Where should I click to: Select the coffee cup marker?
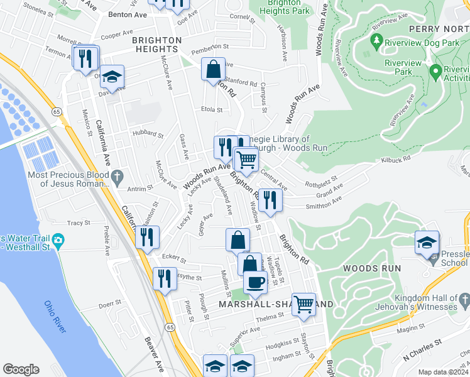click(x=254, y=284)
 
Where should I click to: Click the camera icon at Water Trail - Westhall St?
click(x=58, y=240)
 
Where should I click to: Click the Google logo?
click(x=21, y=369)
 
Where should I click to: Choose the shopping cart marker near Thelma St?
click(x=303, y=304)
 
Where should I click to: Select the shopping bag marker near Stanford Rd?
click(x=213, y=68)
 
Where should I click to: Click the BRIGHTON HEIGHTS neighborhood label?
click(x=156, y=44)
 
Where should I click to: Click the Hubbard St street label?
click(x=148, y=134)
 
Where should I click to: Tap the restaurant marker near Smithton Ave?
click(x=270, y=200)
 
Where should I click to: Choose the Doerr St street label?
click(x=109, y=303)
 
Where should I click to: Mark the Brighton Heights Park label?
click(x=284, y=7)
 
